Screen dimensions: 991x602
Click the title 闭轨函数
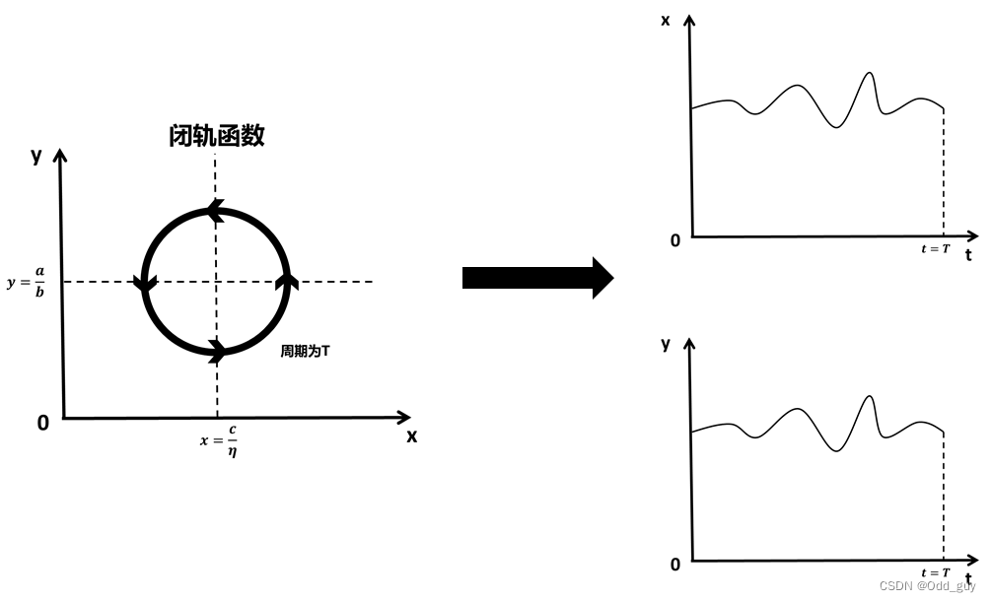[217, 136]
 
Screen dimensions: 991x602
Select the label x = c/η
[218, 440]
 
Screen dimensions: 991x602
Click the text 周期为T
[305, 351]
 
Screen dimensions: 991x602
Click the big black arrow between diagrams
[537, 278]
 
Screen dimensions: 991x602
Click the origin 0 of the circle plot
[42, 423]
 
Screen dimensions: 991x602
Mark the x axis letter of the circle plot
[412, 436]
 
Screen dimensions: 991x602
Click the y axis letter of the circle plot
[36, 155]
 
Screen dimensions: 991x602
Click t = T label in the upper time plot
[935, 249]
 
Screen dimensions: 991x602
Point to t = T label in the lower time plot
[935, 572]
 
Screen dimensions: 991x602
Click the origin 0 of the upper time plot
[675, 240]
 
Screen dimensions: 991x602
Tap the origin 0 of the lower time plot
[675, 565]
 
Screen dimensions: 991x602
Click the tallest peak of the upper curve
[869, 73]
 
